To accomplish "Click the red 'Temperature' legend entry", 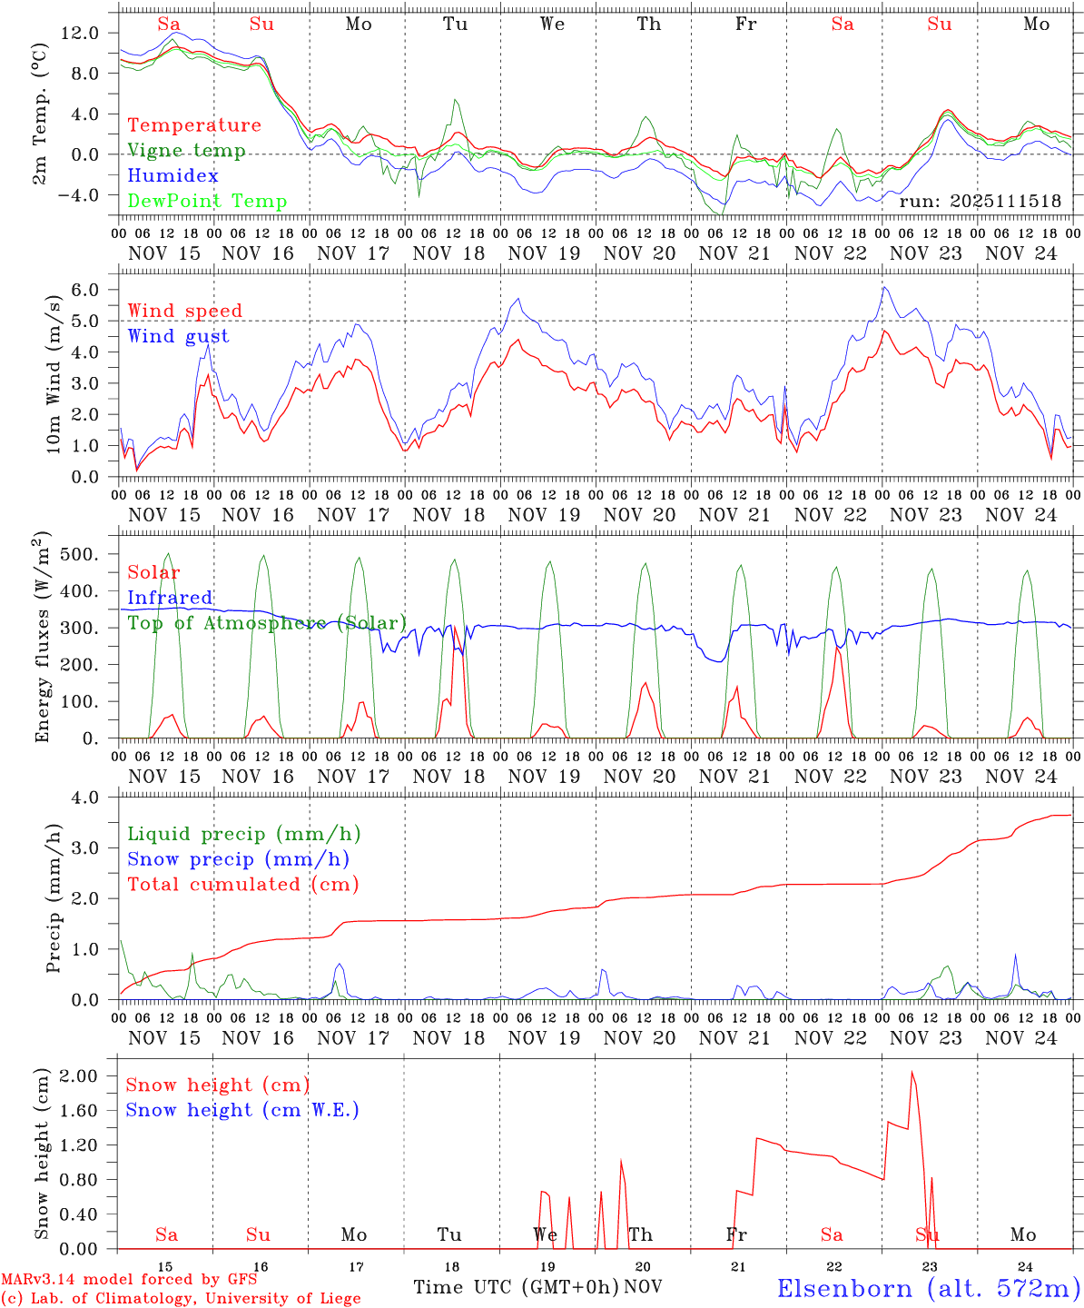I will click(x=193, y=125).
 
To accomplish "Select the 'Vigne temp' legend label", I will click(x=186, y=151).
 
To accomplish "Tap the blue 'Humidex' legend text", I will click(x=172, y=175).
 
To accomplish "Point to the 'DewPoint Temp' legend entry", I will click(x=207, y=201).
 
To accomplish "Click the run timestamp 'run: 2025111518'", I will click(x=980, y=202).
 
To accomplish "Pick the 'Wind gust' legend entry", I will click(x=178, y=336).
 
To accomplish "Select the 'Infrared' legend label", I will click(x=170, y=598).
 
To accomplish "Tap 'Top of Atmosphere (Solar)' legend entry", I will click(x=266, y=623).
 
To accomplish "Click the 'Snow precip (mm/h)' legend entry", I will click(x=238, y=859).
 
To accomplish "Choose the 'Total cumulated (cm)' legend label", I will click(x=242, y=884).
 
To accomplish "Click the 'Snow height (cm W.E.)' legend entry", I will click(x=241, y=1110).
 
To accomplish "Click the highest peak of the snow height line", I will click(x=912, y=1072).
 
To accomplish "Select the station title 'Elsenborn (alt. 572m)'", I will click(x=928, y=1288).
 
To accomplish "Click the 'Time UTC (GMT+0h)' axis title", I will click(x=516, y=1287).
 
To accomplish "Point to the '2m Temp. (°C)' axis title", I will click(x=41, y=114).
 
